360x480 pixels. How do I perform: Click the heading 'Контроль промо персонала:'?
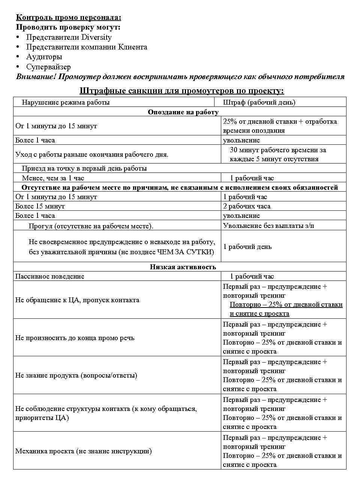click(69, 17)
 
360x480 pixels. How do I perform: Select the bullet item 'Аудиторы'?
click(44, 57)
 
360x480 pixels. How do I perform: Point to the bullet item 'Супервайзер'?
click(48, 67)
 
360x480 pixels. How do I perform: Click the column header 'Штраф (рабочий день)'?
click(259, 102)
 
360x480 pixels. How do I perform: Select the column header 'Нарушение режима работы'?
click(66, 102)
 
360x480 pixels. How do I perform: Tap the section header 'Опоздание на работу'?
click(183, 112)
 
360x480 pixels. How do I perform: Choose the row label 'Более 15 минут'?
click(40, 206)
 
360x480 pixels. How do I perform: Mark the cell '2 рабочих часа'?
click(246, 206)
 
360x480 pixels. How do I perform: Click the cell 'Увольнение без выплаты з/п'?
click(268, 225)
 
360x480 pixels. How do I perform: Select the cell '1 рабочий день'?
click(247, 247)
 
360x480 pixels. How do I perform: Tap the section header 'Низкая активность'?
click(183, 267)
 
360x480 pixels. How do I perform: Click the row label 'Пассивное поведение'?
click(49, 276)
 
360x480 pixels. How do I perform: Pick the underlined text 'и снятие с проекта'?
click(259, 314)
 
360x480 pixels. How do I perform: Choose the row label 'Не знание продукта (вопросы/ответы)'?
click(76, 375)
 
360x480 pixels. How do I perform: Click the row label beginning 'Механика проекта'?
click(83, 451)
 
